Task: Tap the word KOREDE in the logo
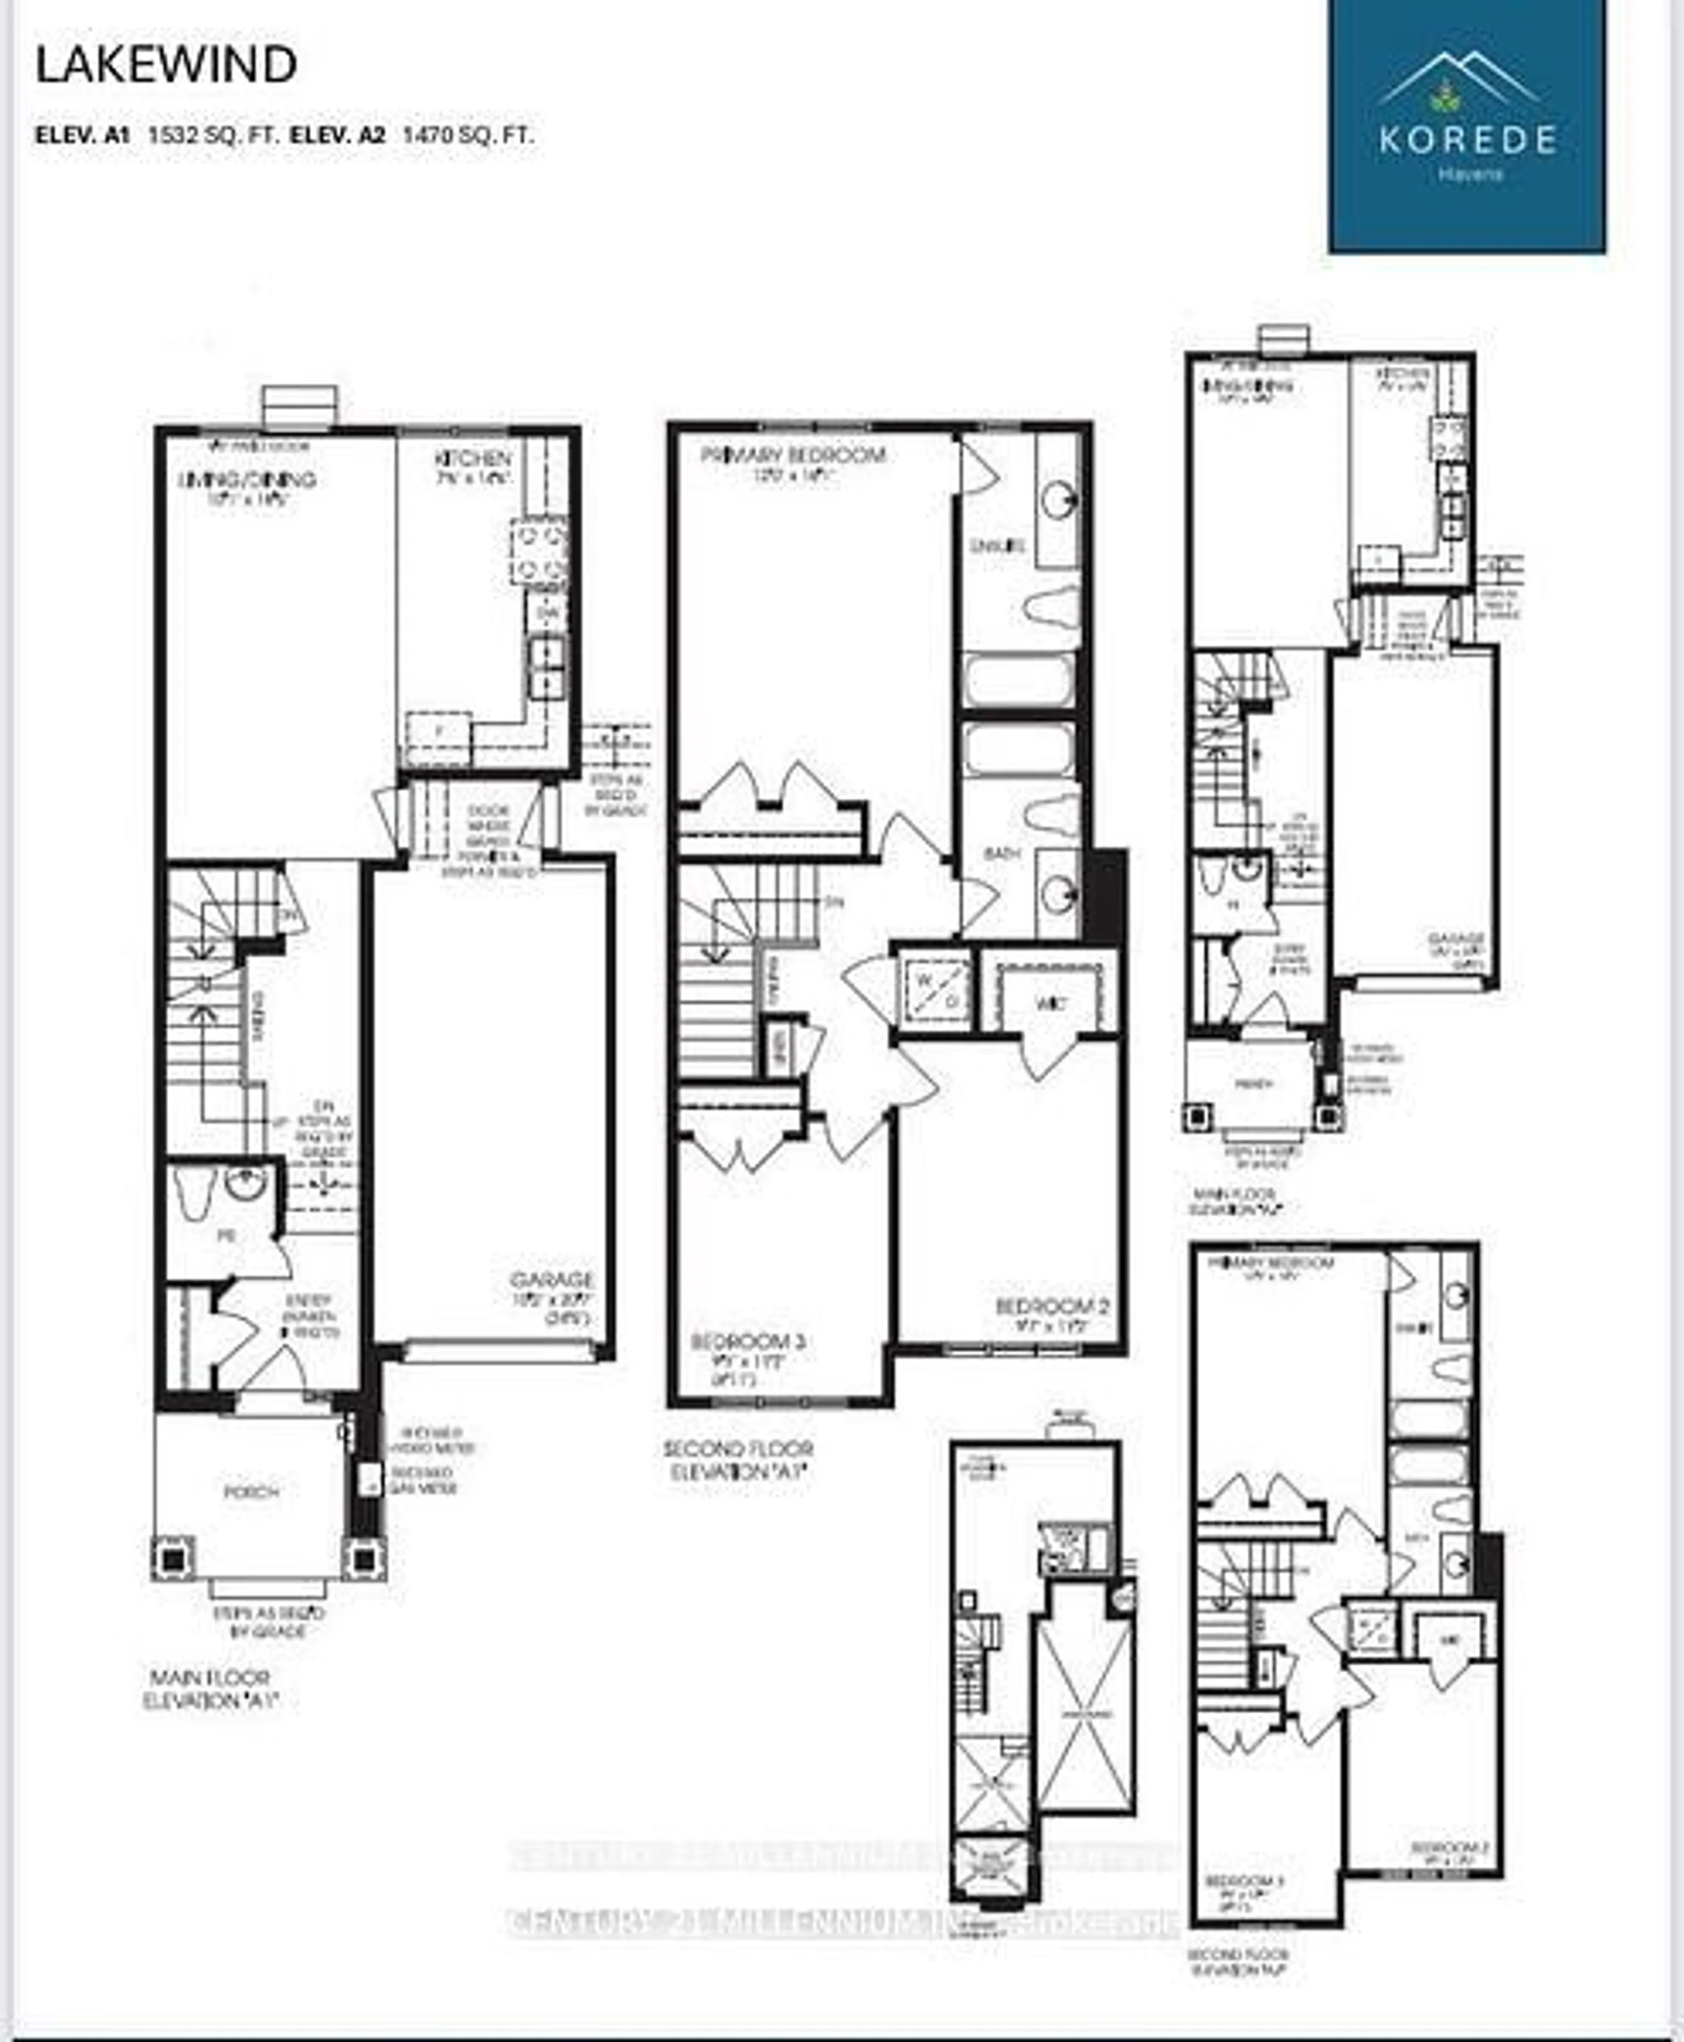(x=1467, y=139)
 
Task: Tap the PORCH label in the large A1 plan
(x=251, y=1492)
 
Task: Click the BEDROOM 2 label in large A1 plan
(x=1052, y=1307)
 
